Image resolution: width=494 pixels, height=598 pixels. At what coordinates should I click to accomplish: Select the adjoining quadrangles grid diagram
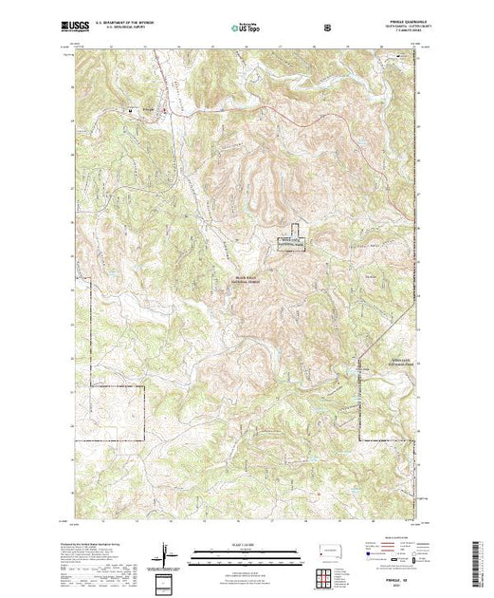click(327, 575)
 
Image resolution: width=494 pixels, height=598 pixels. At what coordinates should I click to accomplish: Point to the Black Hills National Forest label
click(246, 281)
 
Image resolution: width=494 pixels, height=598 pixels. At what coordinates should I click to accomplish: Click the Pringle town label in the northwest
click(148, 107)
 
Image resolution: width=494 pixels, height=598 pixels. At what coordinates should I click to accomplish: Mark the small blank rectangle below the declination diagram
click(168, 581)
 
